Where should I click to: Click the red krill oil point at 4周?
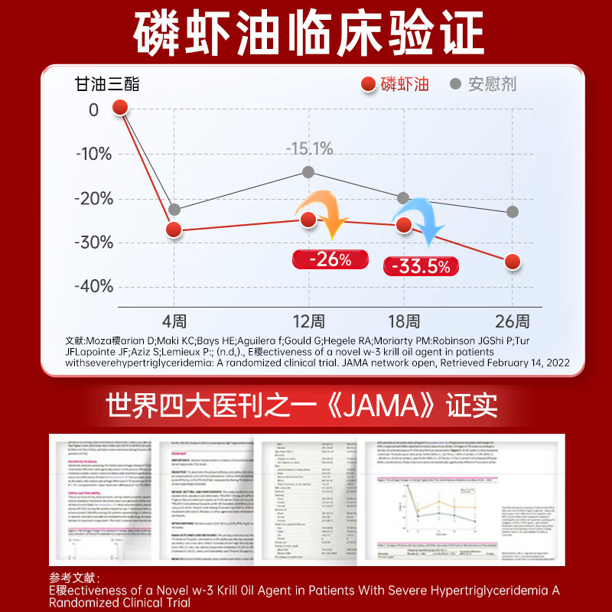[x=174, y=229]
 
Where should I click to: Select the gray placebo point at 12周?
[x=308, y=172]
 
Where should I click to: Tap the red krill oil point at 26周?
[x=513, y=262]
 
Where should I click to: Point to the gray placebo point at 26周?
[x=513, y=211]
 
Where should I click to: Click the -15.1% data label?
[x=309, y=148]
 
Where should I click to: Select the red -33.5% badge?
[x=421, y=265]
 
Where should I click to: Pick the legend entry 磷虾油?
[x=394, y=83]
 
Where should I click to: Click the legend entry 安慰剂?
[x=483, y=83]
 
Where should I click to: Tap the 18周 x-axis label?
[x=403, y=321]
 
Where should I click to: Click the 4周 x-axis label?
[x=174, y=321]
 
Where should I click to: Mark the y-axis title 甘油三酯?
[x=107, y=83]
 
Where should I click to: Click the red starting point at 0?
[x=120, y=106]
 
